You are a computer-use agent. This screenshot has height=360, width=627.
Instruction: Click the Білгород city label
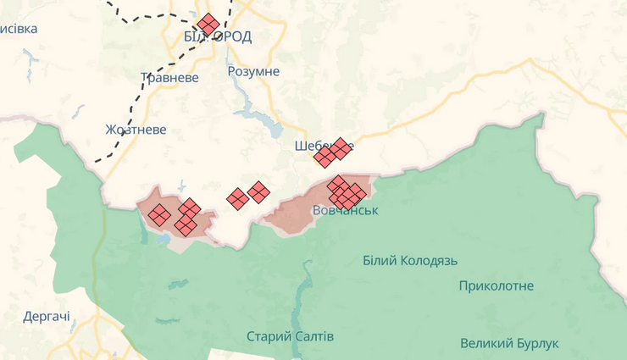[x=218, y=36]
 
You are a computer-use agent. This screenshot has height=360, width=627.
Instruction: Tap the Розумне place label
[x=253, y=71]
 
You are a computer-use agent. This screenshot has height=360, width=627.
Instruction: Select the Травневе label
[x=169, y=78]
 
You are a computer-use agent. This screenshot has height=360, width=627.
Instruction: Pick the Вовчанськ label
[x=346, y=210]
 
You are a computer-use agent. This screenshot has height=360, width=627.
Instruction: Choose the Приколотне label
[x=497, y=285]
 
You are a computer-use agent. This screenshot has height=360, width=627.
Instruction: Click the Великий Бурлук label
[x=510, y=343]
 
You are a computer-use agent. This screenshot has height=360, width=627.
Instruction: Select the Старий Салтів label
[x=291, y=336]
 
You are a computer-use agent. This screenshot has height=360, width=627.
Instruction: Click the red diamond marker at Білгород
[x=208, y=24]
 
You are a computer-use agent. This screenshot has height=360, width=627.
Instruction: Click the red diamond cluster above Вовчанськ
[x=345, y=192]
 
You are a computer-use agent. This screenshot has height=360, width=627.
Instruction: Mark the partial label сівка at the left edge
[x=19, y=29]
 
